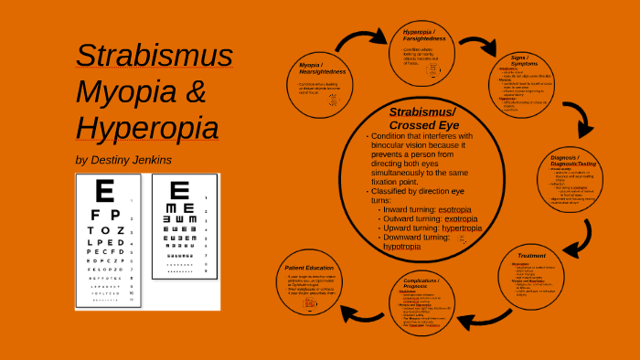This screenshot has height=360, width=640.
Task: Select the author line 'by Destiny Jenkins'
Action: click(123, 160)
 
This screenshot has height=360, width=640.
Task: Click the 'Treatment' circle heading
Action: click(531, 256)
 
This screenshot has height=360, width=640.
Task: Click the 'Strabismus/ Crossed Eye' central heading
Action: click(421, 118)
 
